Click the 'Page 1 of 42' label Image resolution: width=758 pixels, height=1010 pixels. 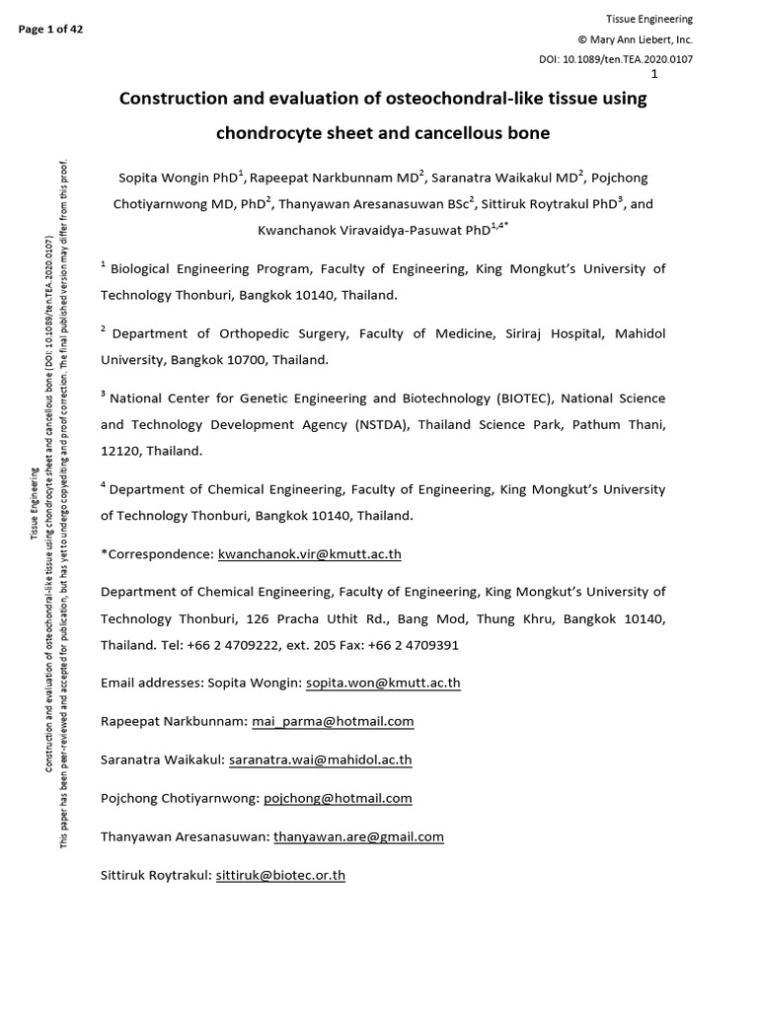[50, 29]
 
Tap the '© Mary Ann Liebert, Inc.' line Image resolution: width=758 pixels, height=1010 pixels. [635, 39]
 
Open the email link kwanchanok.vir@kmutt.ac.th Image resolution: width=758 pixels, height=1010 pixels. [309, 554]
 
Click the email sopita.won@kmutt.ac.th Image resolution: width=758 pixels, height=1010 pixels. [383, 683]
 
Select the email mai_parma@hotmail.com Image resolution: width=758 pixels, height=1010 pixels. [333, 721]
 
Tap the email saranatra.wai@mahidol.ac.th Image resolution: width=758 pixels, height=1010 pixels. [321, 759]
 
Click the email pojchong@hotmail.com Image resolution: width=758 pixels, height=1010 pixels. [338, 798]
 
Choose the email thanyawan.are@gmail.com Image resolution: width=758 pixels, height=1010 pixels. [358, 836]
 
